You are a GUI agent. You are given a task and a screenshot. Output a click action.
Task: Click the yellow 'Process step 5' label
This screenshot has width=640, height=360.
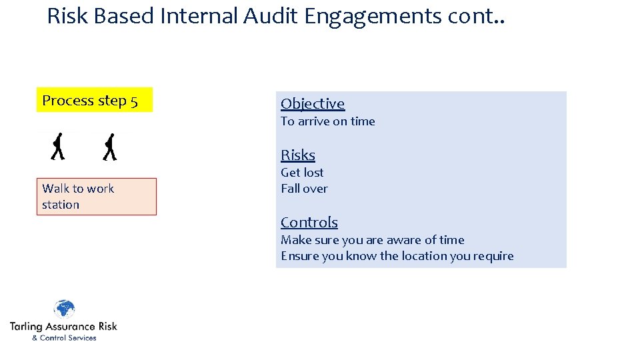94,100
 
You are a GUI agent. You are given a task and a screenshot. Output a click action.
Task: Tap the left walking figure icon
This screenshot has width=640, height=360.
58,147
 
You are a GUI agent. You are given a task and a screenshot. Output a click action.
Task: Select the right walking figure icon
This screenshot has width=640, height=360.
110,147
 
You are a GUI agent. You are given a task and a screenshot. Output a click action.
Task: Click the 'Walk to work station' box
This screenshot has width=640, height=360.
96,197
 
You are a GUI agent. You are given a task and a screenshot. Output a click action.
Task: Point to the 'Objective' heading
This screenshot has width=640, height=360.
313,103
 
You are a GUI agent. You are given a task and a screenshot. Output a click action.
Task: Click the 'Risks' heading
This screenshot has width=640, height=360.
297,155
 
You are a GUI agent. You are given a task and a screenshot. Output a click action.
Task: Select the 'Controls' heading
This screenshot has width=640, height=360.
309,222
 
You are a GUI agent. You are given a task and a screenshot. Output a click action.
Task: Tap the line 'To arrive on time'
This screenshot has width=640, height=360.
327,121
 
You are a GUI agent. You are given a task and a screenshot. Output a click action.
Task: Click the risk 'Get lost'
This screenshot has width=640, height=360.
302,172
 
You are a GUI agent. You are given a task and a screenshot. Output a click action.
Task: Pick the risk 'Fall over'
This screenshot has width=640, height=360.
304,189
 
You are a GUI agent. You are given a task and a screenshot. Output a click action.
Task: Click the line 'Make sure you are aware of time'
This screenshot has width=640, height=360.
372,240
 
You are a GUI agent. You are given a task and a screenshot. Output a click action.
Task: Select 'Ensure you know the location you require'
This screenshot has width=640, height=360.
397,256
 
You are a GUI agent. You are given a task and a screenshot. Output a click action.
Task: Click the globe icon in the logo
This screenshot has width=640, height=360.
64,310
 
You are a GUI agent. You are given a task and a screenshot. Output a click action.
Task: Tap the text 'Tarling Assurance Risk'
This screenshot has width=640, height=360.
63,327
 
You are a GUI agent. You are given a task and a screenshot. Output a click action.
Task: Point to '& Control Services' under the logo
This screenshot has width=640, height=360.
64,338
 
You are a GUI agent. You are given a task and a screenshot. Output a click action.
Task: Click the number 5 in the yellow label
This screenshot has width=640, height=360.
134,101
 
